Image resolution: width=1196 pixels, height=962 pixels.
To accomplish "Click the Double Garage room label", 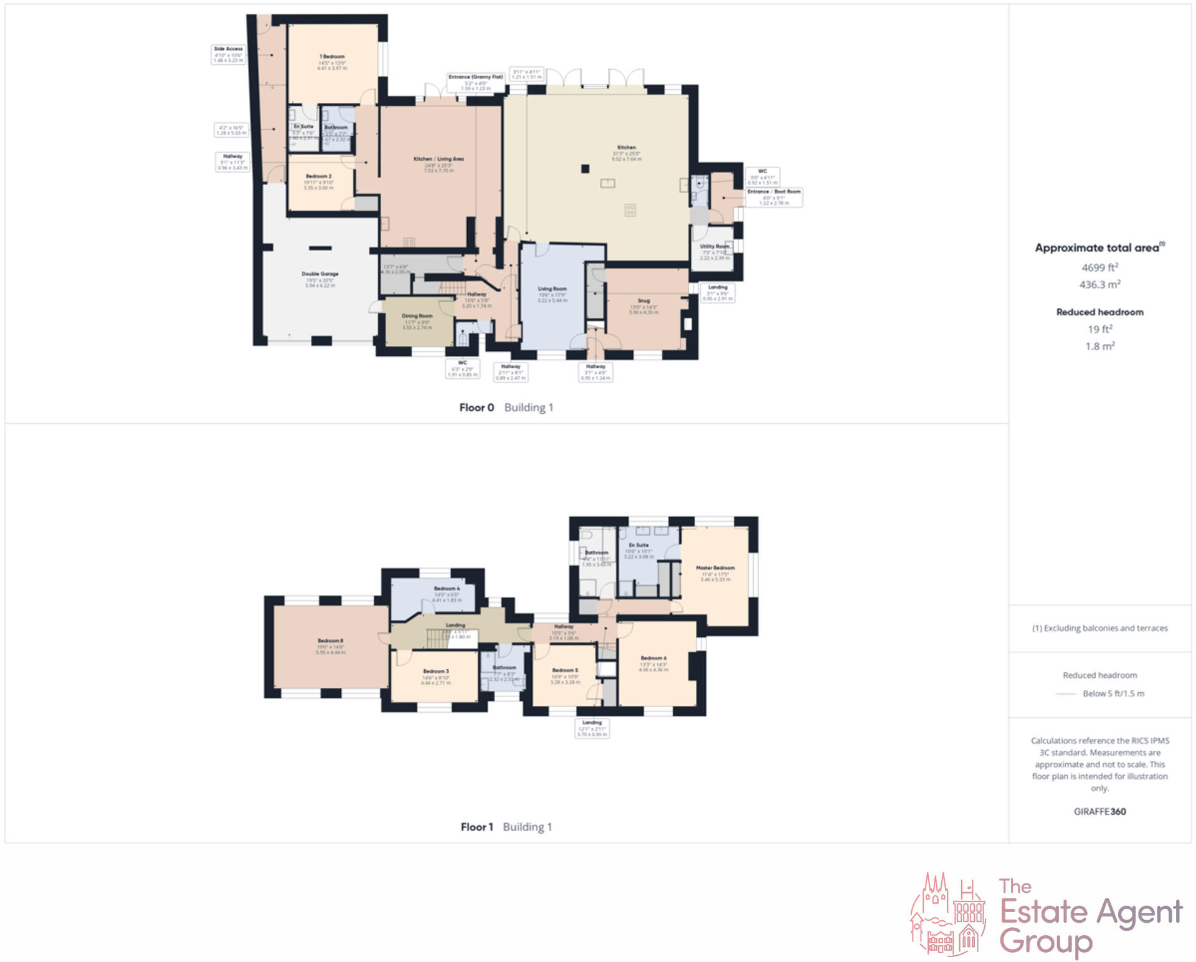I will (x=320, y=274).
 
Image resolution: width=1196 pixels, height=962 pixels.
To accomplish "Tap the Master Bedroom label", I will (x=715, y=568).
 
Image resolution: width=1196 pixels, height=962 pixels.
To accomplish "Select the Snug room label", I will (x=643, y=301).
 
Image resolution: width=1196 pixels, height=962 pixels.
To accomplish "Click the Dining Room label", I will (x=417, y=317).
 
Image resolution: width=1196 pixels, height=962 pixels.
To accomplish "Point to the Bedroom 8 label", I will (x=330, y=641).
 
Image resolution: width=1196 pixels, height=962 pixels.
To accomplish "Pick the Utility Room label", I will (x=714, y=247).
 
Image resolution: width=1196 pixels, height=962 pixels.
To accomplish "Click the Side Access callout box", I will (x=229, y=54).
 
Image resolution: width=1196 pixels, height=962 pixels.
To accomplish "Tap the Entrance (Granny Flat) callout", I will (x=475, y=82).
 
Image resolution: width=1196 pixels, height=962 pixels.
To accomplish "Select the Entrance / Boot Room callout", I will (x=774, y=197).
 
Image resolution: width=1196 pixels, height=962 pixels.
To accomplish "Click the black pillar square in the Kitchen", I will (x=585, y=168).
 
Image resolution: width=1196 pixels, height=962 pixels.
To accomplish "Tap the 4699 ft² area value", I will (x=1099, y=267).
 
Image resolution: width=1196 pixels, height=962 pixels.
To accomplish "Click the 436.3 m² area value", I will (x=1099, y=284).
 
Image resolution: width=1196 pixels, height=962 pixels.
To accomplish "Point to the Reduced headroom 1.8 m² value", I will (x=1099, y=346).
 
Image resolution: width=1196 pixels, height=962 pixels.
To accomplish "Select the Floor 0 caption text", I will (x=477, y=407).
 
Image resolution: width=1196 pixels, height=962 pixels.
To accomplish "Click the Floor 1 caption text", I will (x=477, y=827).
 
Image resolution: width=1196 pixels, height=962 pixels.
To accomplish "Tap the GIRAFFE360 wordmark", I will (x=1099, y=811).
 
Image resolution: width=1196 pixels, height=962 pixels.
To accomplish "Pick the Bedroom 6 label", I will (x=653, y=659).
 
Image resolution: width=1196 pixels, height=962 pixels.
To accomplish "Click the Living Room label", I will (x=552, y=289).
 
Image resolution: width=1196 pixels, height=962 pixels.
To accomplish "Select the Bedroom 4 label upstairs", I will (x=447, y=589).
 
